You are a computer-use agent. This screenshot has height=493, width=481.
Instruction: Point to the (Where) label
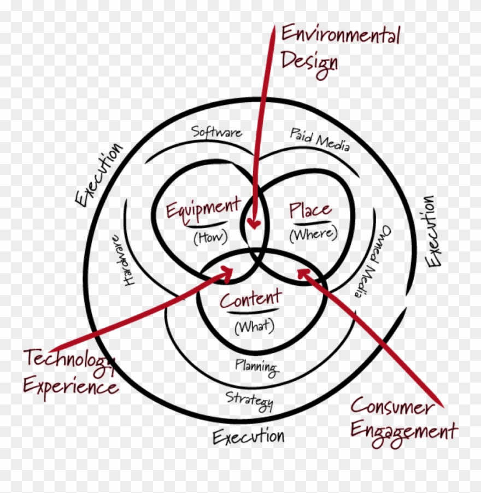(313, 234)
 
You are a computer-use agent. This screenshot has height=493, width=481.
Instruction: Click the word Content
(250, 300)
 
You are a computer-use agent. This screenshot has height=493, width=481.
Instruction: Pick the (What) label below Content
(254, 326)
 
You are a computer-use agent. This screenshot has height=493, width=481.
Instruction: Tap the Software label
(216, 132)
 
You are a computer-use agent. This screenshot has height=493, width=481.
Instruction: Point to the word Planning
(256, 366)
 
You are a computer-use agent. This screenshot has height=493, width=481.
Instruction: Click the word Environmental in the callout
(340, 36)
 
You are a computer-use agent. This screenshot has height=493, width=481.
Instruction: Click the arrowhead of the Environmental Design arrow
(253, 224)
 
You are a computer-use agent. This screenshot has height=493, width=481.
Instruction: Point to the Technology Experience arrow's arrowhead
(230, 272)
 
